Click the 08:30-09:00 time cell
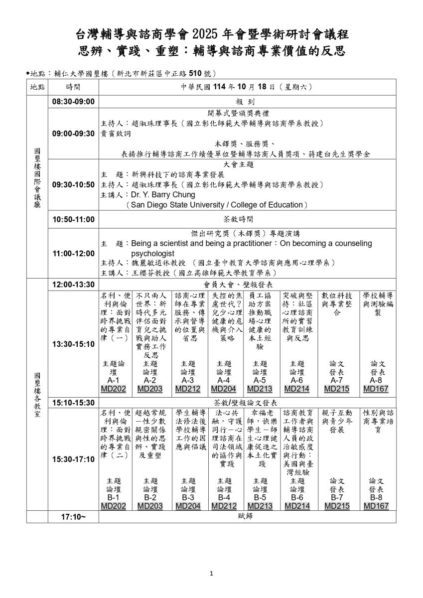click(x=73, y=102)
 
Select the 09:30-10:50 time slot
click(x=73, y=184)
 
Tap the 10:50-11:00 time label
click(x=73, y=219)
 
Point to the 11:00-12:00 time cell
click(x=73, y=253)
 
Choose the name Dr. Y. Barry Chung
click(x=161, y=195)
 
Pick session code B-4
click(x=224, y=497)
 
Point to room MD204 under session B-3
click(x=187, y=506)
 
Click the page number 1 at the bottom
click(x=211, y=574)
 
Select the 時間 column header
click(x=73, y=87)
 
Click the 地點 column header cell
click(x=36, y=87)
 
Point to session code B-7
click(x=337, y=497)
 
